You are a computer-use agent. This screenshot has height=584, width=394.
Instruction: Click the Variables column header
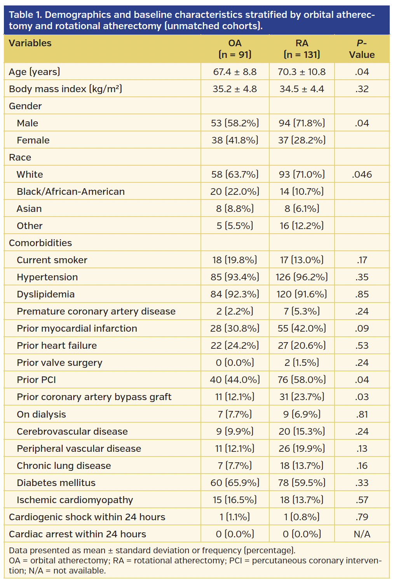pyautogui.click(x=30, y=43)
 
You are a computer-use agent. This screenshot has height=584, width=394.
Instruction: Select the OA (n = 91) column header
pyautogui.click(x=235, y=49)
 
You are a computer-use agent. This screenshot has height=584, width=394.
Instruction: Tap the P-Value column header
pyautogui.click(x=361, y=49)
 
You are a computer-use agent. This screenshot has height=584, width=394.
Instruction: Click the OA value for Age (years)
pyautogui.click(x=235, y=72)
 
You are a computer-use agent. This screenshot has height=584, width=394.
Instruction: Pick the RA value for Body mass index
pyautogui.click(x=302, y=89)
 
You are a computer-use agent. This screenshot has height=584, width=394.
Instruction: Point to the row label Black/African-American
pyautogui.click(x=71, y=192)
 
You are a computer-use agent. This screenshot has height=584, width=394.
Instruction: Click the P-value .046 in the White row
pyautogui.click(x=362, y=175)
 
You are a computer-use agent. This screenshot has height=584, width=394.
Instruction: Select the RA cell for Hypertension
pyautogui.click(x=302, y=277)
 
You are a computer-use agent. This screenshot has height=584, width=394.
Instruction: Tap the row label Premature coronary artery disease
pyautogui.click(x=96, y=311)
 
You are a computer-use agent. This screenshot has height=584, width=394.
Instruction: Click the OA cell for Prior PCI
pyautogui.click(x=235, y=380)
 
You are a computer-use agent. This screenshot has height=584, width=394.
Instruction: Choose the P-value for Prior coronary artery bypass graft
pyautogui.click(x=362, y=397)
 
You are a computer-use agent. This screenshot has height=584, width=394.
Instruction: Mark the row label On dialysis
pyautogui.click(x=41, y=414)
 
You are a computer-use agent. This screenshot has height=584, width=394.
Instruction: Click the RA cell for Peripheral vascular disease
pyautogui.click(x=302, y=449)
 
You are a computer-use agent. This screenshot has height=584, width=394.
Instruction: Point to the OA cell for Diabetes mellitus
pyautogui.click(x=235, y=483)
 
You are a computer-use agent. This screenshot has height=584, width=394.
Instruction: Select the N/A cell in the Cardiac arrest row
pyautogui.click(x=362, y=534)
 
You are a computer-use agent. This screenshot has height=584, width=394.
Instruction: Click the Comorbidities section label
pyautogui.click(x=40, y=243)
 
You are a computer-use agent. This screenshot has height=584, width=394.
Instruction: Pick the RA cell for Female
pyautogui.click(x=302, y=140)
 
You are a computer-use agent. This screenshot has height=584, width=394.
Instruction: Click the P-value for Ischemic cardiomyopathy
pyautogui.click(x=362, y=500)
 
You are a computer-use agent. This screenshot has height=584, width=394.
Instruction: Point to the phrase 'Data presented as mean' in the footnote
pyautogui.click(x=57, y=551)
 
